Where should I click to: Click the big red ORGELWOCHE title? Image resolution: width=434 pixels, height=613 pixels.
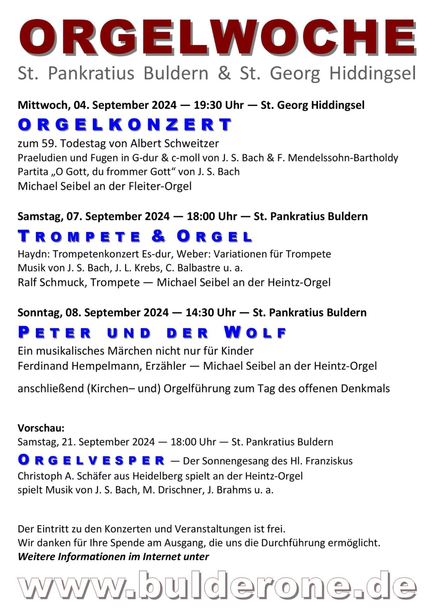pyautogui.click(x=217, y=37)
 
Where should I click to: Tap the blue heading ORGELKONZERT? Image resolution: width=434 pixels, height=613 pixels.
pyautogui.click(x=125, y=124)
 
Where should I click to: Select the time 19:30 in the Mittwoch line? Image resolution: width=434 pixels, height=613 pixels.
pyautogui.click(x=207, y=105)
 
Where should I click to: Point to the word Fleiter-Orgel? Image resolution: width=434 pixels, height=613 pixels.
pyautogui.click(x=160, y=186)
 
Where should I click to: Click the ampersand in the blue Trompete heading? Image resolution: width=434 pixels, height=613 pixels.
pyautogui.click(x=159, y=236)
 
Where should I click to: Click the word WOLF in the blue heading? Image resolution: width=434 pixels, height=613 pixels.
pyautogui.click(x=255, y=333)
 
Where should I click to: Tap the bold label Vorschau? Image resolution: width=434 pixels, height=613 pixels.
pyautogui.click(x=41, y=428)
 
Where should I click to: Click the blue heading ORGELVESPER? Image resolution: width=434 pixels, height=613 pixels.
pyautogui.click(x=91, y=460)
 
